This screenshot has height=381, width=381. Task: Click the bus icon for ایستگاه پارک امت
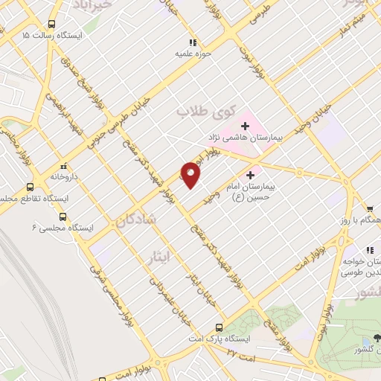tap(219, 327)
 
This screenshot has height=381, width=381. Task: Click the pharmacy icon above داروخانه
tap(63, 165)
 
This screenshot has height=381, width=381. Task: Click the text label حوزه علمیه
tap(194, 54)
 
